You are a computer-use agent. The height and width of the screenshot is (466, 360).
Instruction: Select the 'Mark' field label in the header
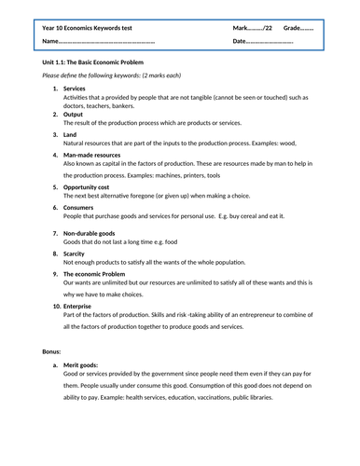[x=244, y=28]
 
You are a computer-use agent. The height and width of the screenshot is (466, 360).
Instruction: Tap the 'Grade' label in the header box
[x=298, y=28]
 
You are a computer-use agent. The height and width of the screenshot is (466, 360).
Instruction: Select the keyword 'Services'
[x=75, y=88]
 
